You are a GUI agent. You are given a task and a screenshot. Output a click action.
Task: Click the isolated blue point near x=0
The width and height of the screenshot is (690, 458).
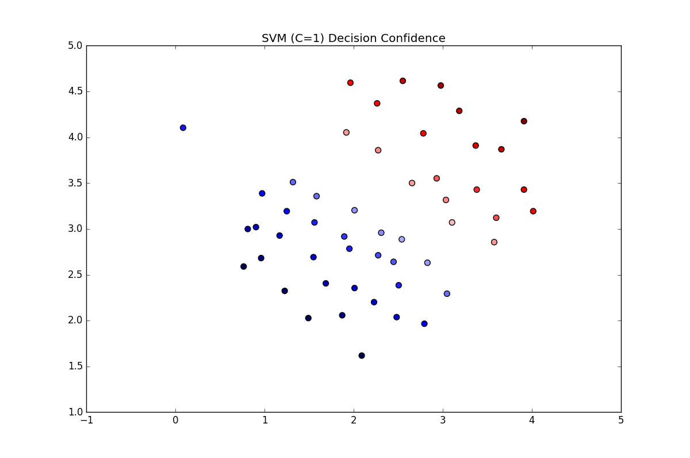(183, 128)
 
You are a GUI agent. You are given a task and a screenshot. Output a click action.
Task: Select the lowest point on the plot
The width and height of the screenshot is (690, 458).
(362, 356)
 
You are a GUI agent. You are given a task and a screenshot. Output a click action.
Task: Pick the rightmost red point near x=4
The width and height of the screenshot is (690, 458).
(533, 211)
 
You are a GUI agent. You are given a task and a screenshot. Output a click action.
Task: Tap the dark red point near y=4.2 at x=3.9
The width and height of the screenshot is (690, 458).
(524, 121)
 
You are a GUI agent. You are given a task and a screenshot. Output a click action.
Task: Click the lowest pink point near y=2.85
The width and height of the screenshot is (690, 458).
(494, 242)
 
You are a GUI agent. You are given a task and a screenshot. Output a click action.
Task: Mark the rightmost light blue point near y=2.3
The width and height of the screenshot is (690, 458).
(447, 293)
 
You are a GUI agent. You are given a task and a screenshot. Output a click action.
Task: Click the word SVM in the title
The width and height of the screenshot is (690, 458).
(274, 39)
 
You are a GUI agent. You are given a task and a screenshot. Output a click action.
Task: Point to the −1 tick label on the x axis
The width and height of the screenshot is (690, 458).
(86, 421)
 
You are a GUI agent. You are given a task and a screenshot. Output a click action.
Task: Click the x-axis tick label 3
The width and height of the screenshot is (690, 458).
(443, 421)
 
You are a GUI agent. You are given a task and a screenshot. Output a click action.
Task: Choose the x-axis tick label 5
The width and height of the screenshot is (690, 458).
(621, 421)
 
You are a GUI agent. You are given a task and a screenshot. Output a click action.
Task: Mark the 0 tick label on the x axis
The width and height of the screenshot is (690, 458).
(175, 421)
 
